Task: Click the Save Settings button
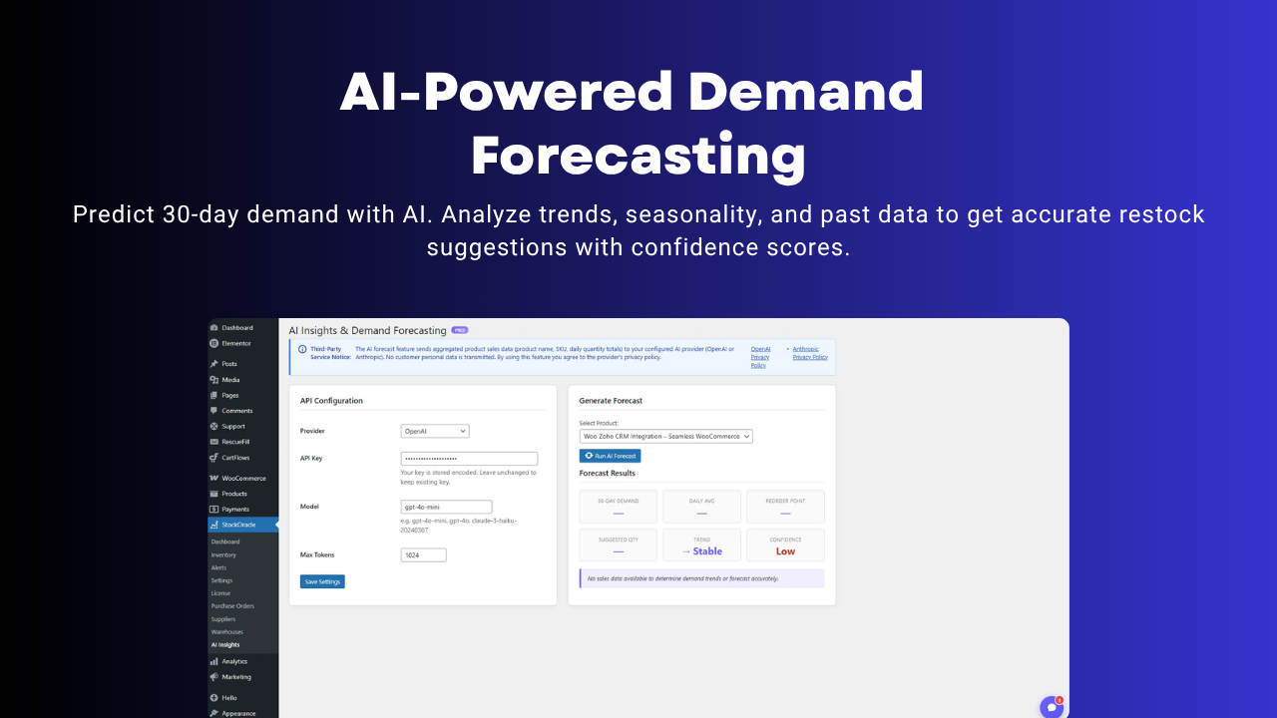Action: pos(322,581)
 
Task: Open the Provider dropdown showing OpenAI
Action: pos(435,431)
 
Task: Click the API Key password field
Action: pos(469,459)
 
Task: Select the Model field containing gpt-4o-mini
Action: pos(446,507)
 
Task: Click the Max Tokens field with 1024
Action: pos(423,554)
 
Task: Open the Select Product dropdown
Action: pos(665,436)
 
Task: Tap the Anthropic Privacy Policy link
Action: pos(809,353)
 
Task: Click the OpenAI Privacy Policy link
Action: pos(760,357)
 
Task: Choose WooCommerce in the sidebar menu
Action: pos(243,478)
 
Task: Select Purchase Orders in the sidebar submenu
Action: pos(232,606)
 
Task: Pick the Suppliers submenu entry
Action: pos(223,619)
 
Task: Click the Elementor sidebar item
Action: pos(236,343)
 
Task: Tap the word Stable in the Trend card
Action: pos(707,550)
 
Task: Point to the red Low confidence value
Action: pos(785,550)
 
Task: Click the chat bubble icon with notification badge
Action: pos(1051,707)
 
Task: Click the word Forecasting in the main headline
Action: pos(638,157)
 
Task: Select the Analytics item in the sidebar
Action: pos(234,661)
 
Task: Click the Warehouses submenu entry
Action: pos(226,632)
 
